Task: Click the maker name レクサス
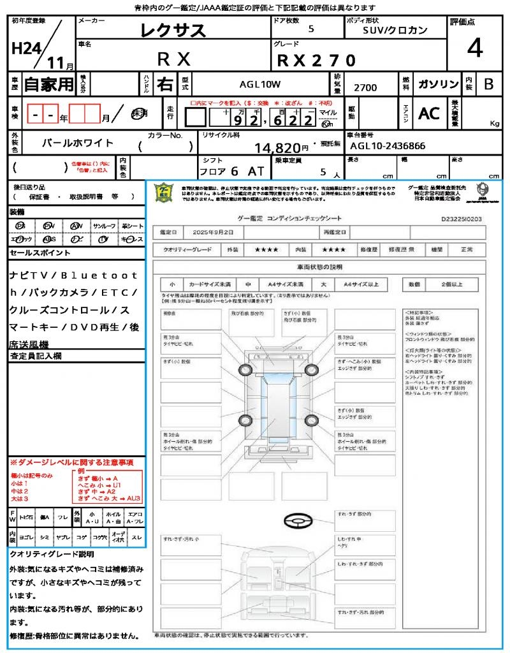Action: click(173, 29)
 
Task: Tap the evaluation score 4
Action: click(474, 48)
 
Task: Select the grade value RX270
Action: click(317, 59)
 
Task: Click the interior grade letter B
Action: click(488, 84)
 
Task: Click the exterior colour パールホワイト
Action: click(78, 143)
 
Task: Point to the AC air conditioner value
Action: click(429, 113)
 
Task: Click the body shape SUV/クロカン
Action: click(395, 29)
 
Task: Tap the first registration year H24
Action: click(25, 48)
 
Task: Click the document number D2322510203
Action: click(461, 219)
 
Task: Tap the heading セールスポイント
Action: click(40, 253)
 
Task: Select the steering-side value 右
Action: click(164, 84)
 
